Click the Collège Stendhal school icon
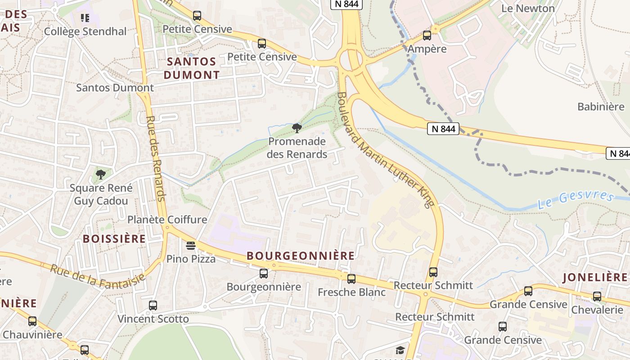[x=85, y=18]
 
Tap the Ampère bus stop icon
[x=427, y=35]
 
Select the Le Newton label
[x=528, y=8]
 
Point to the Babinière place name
[x=601, y=107]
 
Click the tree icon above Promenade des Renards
[x=297, y=128]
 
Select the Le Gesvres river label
[x=576, y=200]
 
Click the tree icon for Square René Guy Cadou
[x=101, y=174]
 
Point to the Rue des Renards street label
[x=156, y=158]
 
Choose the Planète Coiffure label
[x=167, y=220]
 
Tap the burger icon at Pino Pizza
[x=191, y=246]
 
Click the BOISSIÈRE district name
[x=114, y=238]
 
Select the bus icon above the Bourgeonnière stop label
[x=264, y=273]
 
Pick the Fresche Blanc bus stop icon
[x=351, y=279]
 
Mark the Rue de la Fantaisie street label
[x=98, y=275]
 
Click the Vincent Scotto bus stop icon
[x=153, y=306]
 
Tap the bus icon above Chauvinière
[x=32, y=321]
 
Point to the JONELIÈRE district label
[x=594, y=277]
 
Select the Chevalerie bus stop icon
[x=597, y=297]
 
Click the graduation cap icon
[x=400, y=350]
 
